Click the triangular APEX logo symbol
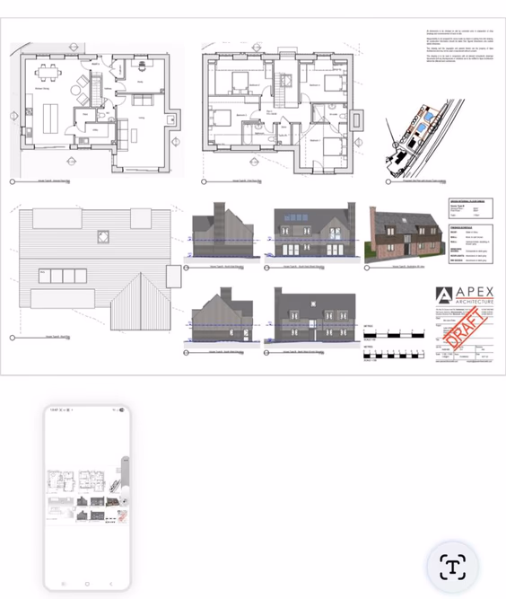pos(444,297)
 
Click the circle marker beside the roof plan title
pos(12,338)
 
